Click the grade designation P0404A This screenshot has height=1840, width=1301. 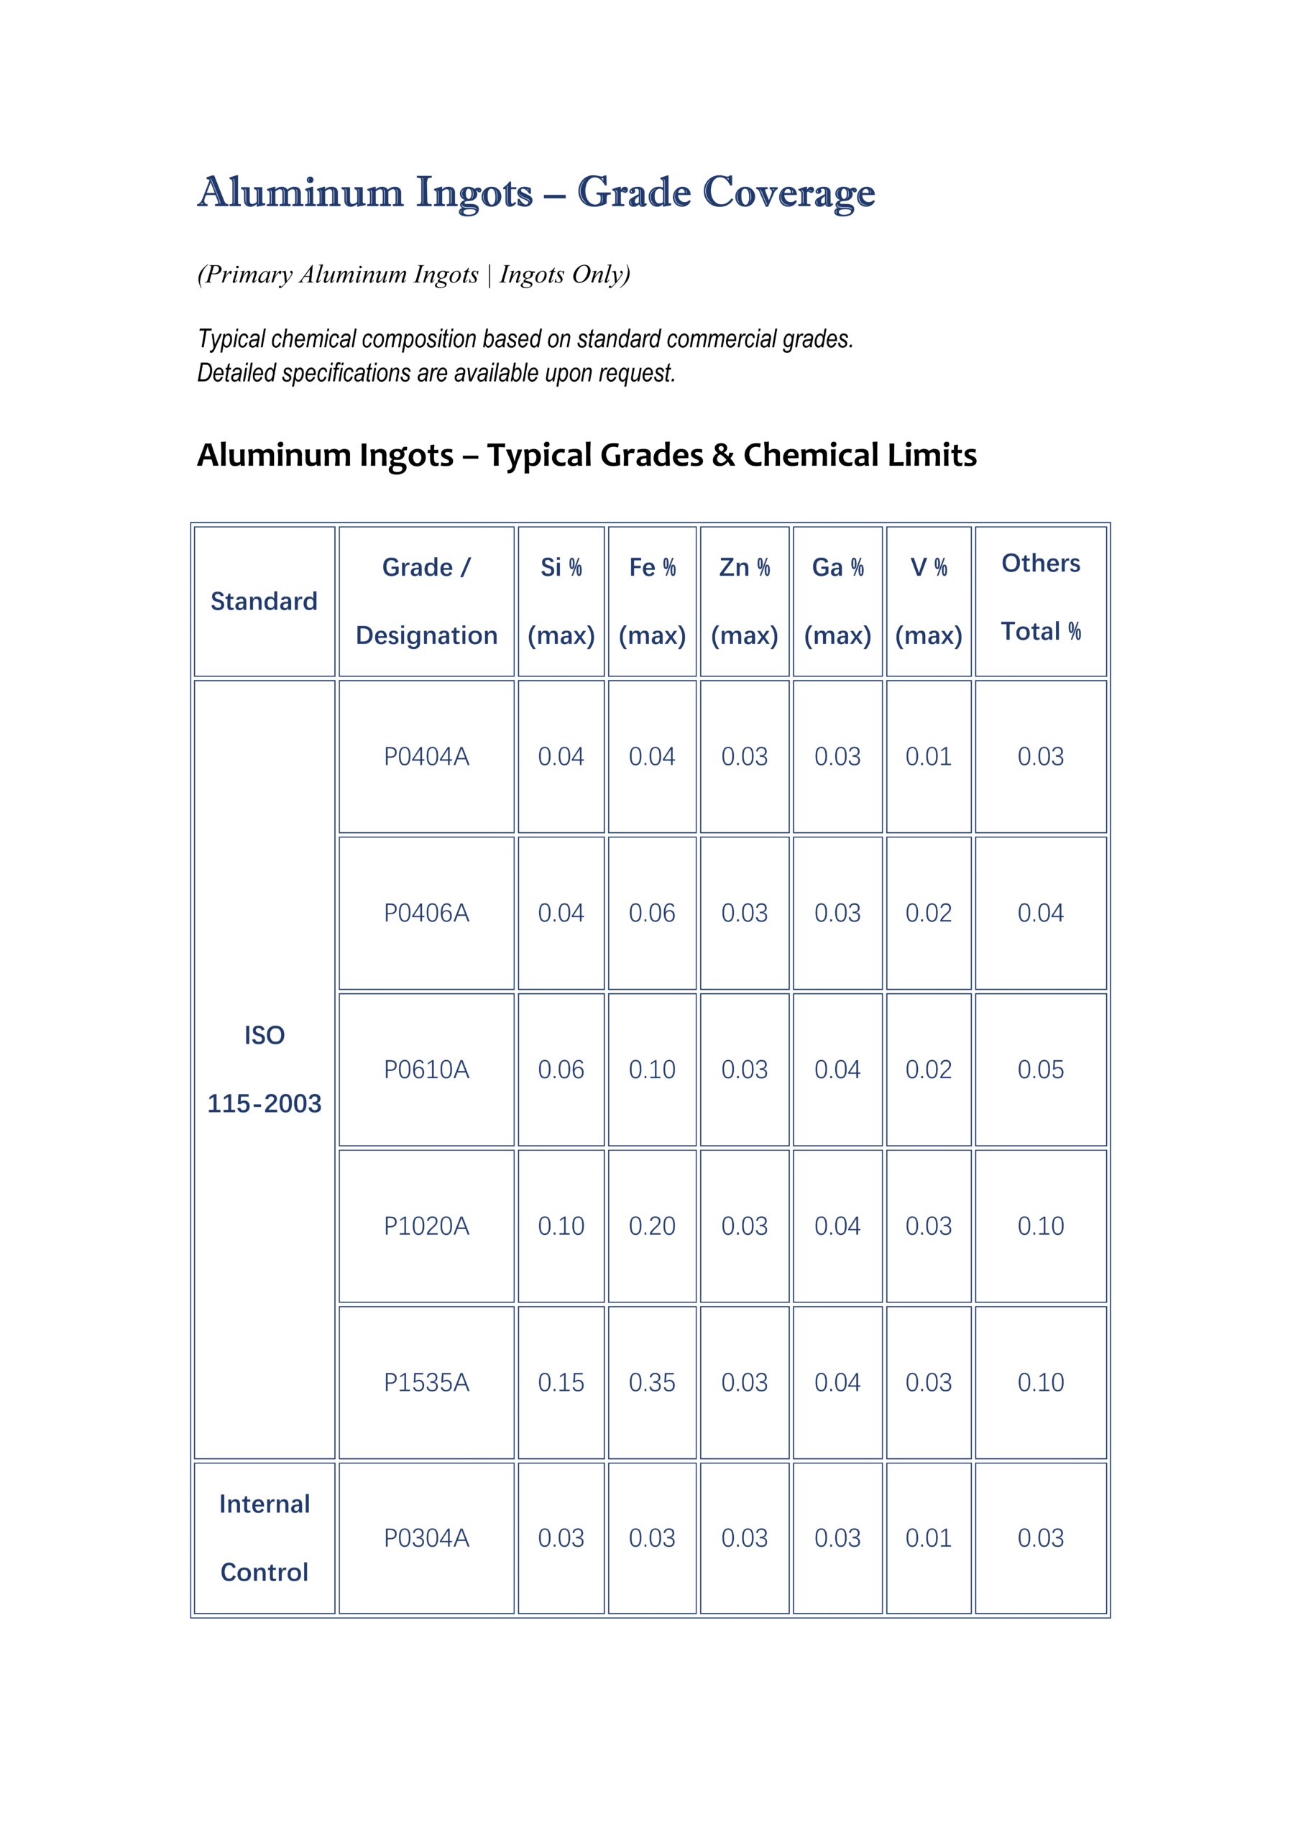(426, 757)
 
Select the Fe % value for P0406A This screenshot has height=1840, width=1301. (652, 913)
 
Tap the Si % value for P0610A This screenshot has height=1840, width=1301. (561, 1069)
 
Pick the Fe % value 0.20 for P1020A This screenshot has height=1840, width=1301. (652, 1225)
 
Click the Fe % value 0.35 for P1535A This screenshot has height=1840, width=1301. (652, 1381)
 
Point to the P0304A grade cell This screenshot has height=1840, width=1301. (426, 1537)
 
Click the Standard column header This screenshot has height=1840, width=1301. (264, 601)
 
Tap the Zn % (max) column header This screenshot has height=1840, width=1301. (744, 601)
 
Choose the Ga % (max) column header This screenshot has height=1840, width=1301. (837, 601)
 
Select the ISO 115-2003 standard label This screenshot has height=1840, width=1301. (264, 1069)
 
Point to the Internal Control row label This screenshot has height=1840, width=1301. (264, 1537)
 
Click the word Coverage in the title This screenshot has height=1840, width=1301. (789, 193)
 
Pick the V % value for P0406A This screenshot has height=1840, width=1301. (928, 913)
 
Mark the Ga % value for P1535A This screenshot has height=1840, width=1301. (837, 1381)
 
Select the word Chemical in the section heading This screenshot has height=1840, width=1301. (810, 455)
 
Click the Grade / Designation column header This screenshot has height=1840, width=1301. (426, 601)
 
